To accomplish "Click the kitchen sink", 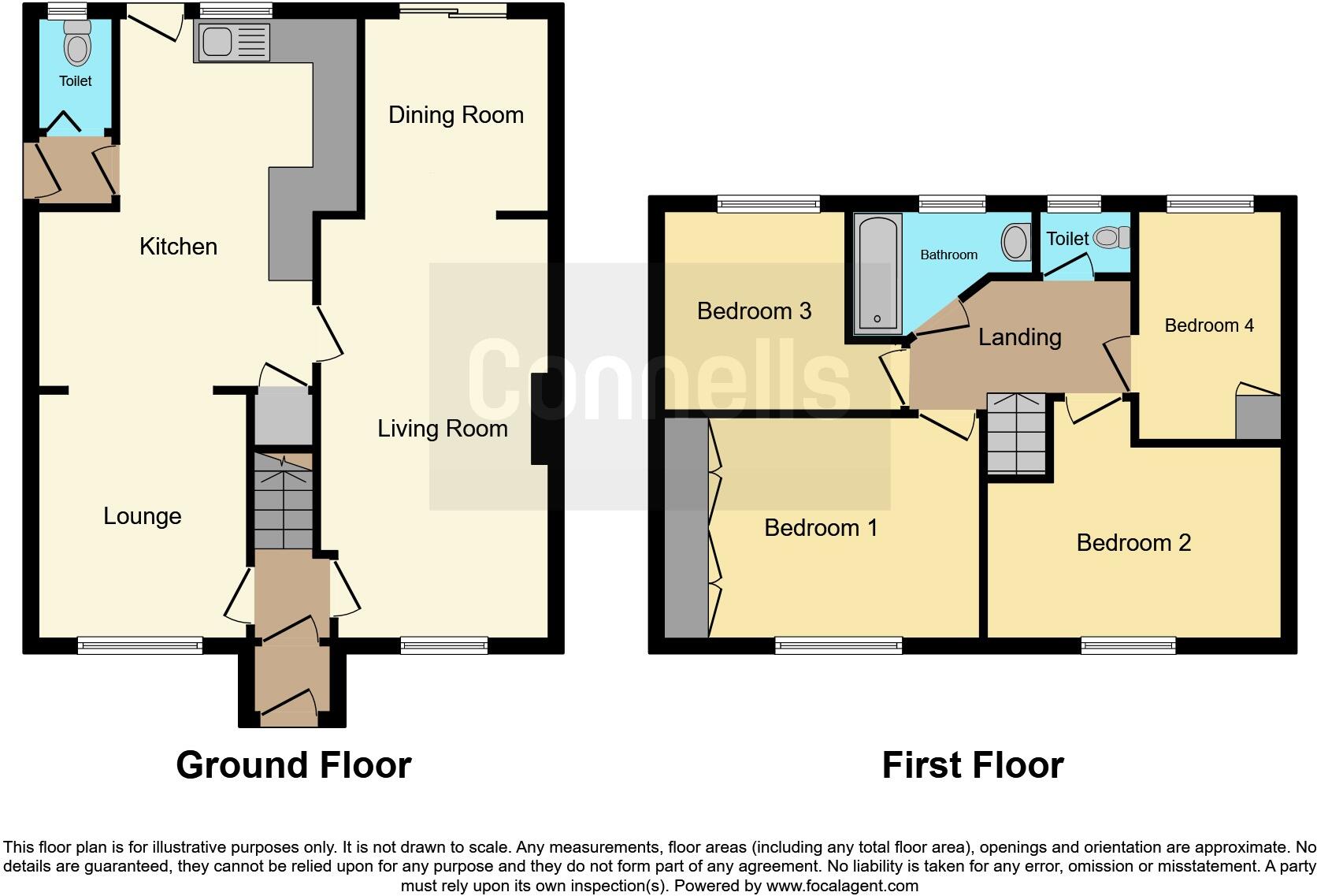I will (x=218, y=42).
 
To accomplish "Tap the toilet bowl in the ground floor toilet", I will (x=77, y=46).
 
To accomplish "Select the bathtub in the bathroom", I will (x=877, y=273).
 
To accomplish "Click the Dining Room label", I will (x=455, y=115).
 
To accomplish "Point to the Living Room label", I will (x=442, y=429).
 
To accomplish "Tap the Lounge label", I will (x=143, y=516).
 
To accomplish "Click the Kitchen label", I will (x=178, y=247).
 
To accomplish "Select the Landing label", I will (x=1019, y=337).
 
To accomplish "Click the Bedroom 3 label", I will (x=754, y=311).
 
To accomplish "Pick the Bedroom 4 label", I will (x=1208, y=325).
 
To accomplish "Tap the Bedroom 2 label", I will (x=1133, y=543).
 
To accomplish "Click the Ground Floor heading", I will (x=293, y=765).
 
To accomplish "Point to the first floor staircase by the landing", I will (x=1017, y=433).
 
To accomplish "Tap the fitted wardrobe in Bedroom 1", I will (x=686, y=527).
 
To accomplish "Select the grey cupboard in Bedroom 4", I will (x=1257, y=417).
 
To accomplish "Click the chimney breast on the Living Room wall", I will (x=540, y=418).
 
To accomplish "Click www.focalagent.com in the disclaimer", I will (x=842, y=886).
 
